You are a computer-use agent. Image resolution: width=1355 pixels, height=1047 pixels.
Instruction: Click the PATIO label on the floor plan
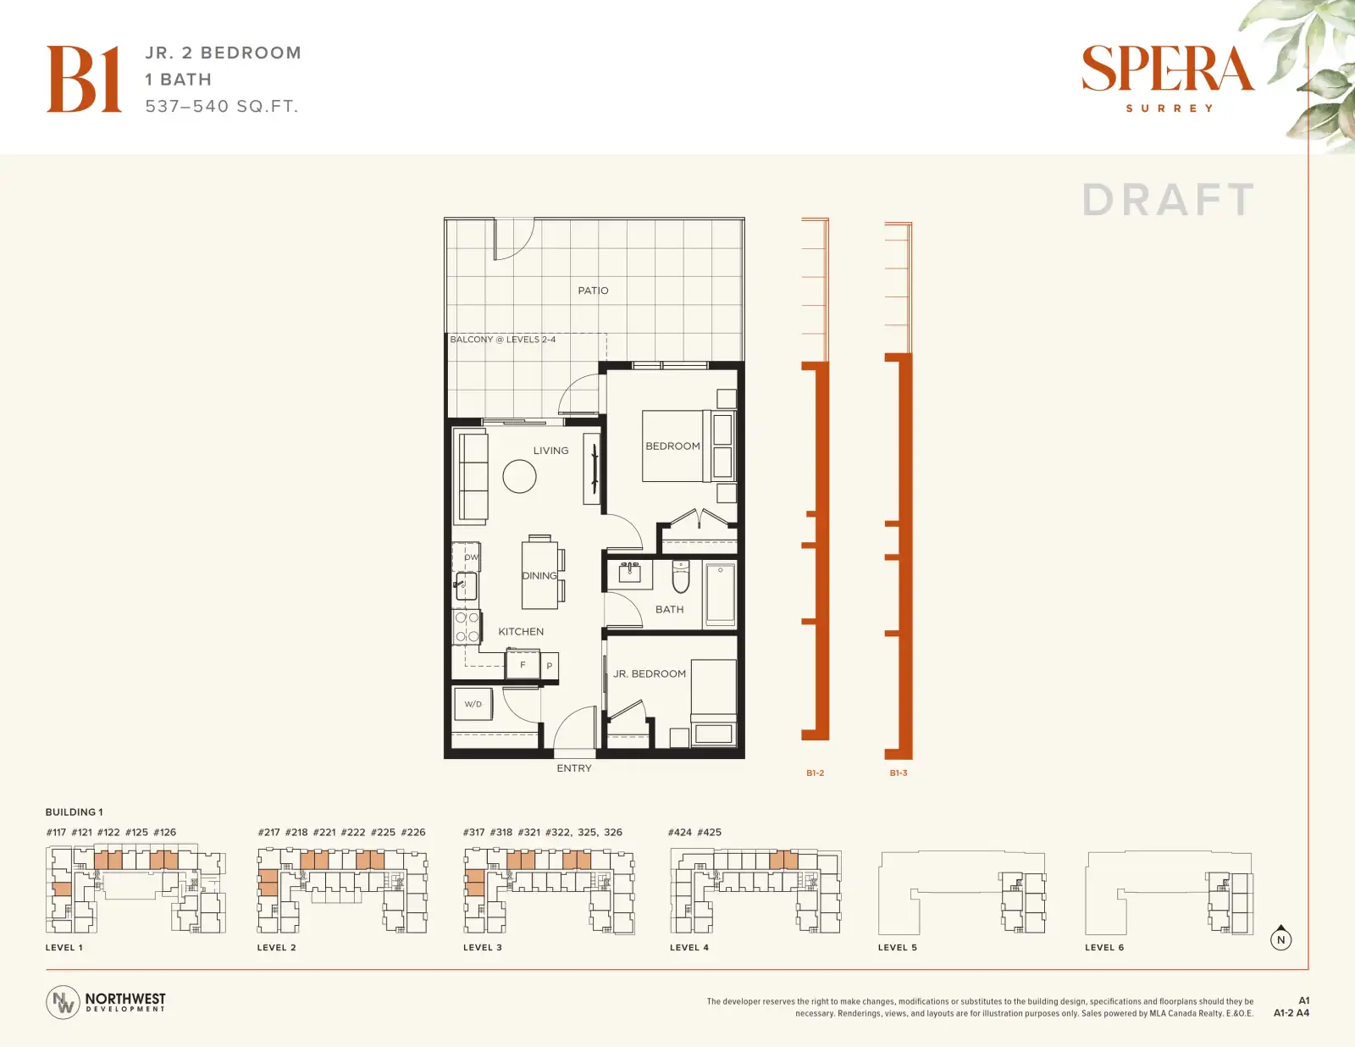[593, 291]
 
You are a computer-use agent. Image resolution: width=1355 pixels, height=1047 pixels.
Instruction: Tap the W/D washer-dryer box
[473, 704]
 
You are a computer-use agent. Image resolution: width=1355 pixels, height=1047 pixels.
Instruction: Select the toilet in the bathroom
[680, 576]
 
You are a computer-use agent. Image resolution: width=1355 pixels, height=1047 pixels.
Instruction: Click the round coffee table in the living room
[519, 476]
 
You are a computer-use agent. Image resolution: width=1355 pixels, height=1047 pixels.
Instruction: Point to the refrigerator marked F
[523, 665]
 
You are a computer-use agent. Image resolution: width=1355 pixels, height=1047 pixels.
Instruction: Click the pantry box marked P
[550, 665]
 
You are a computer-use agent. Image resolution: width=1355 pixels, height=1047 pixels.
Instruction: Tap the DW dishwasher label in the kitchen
[472, 557]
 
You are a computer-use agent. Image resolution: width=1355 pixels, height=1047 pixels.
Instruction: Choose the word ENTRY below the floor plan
[574, 768]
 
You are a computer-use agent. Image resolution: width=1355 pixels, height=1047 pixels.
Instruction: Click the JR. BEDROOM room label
[649, 673]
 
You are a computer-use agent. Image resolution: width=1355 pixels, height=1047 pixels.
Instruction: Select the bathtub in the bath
[720, 595]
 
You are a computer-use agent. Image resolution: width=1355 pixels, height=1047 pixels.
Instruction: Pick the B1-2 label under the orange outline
[815, 773]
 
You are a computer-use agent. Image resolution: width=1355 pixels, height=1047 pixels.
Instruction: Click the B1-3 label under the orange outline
[899, 773]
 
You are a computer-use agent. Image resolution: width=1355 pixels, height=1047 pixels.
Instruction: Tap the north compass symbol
[1280, 939]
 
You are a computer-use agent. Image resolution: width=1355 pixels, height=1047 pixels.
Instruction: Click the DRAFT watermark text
[1169, 200]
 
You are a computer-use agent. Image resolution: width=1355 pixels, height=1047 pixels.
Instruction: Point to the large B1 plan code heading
[84, 79]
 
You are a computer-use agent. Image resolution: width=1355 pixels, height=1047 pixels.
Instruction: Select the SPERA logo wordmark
[1168, 69]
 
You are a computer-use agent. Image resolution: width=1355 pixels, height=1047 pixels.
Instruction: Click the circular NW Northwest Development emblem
[63, 1002]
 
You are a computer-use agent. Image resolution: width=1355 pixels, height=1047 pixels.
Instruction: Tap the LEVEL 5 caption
[898, 947]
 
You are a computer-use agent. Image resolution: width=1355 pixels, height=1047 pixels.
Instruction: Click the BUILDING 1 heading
[75, 812]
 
